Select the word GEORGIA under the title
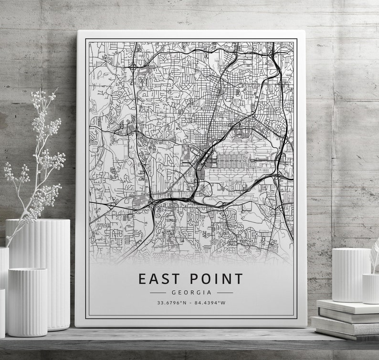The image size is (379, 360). tap(191, 292)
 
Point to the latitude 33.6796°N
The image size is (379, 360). tap(171, 302)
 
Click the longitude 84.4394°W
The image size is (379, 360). tap(210, 302)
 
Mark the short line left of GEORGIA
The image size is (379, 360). tap(158, 292)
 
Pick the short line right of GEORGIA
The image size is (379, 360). tap(224, 292)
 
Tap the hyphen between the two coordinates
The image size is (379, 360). tap(191, 302)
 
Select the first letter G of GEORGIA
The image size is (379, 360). tap(174, 292)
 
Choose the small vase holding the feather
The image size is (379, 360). tap(370, 288)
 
